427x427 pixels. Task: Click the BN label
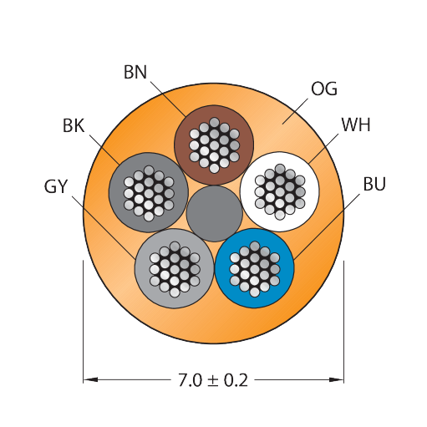135,72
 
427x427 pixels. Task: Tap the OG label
324,89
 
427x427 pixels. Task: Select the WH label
356,125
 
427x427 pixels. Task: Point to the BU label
374,184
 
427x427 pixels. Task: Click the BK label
74,125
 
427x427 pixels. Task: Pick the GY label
56,186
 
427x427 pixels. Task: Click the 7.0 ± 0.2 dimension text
213,380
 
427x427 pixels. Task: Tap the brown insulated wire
214,145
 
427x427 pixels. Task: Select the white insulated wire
280,191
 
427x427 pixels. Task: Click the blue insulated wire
254,268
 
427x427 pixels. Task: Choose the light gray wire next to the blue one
175,269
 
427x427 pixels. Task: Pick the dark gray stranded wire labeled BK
149,192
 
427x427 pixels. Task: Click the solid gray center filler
214,214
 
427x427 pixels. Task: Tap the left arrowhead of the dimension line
90,379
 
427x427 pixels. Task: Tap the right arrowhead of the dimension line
337,379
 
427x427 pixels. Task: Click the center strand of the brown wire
214,145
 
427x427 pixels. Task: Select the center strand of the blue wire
254,269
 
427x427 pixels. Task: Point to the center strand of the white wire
280,192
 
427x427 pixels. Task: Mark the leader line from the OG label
295,111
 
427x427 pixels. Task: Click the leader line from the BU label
327,227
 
